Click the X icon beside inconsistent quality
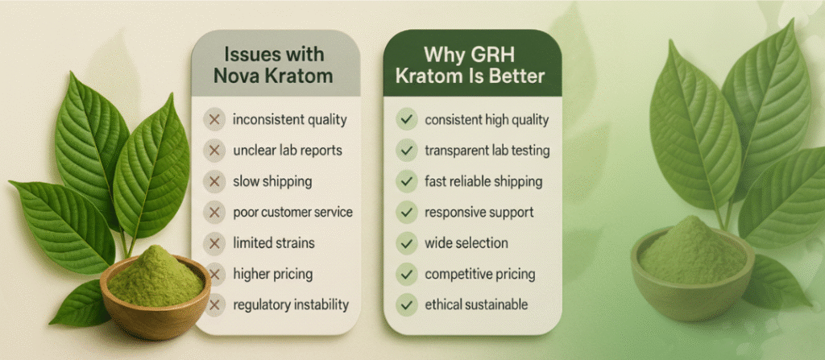pos(214,120)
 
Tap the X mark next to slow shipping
pos(214,181)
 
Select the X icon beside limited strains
pos(214,243)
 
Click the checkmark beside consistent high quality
pos(406,120)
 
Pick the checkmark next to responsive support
pos(406,213)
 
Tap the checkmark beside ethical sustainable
pos(406,304)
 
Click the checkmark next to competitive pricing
pos(406,274)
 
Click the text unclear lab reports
pos(288,151)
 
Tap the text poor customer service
pos(292,213)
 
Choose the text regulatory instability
pos(291,304)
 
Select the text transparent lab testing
pos(487,151)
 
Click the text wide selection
pos(466,243)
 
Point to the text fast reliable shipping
pos(483,182)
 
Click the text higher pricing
pos(273,274)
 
